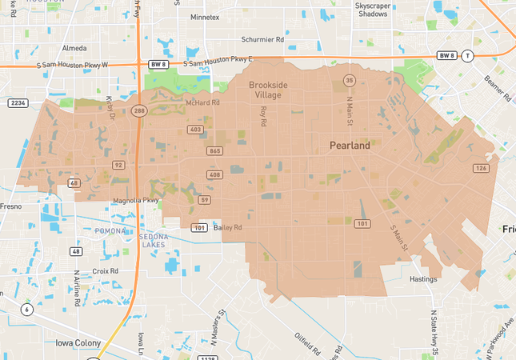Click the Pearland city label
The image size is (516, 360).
[350, 146]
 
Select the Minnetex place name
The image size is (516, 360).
[205, 17]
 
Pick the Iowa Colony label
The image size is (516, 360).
[78, 343]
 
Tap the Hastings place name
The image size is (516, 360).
[422, 279]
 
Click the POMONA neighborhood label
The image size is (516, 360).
[110, 231]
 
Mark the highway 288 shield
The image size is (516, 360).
[139, 111]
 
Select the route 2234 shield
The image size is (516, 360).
[18, 102]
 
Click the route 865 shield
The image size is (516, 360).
[214, 150]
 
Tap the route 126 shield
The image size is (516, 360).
[480, 168]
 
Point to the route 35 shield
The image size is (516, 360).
[349, 80]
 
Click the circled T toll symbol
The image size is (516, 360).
[468, 55]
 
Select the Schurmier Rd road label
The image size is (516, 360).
[262, 39]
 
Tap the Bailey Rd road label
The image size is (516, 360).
[228, 228]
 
